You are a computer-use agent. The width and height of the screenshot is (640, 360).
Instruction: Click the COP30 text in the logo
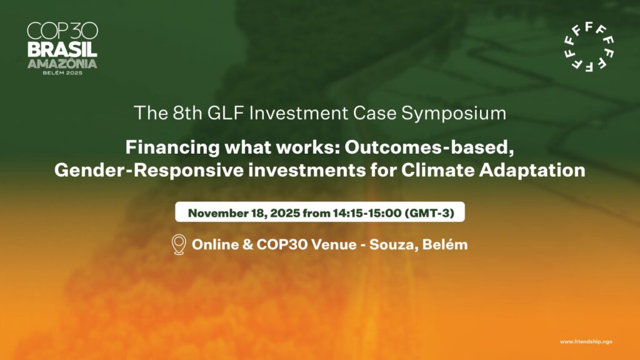coord(62,31)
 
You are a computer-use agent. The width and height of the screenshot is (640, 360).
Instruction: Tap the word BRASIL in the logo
coord(62,50)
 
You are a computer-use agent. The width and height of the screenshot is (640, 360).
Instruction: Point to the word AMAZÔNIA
coord(62,63)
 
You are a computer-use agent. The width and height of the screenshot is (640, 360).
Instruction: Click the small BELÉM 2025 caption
coord(62,73)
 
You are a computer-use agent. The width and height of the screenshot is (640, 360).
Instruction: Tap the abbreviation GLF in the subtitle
coord(226,113)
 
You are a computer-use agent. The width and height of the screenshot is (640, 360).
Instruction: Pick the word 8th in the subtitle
coord(187,113)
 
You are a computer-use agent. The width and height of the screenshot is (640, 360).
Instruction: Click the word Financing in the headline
coord(172,147)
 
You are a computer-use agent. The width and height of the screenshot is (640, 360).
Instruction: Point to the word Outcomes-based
coord(429,147)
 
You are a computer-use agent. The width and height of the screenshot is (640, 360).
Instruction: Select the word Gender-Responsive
coord(149,170)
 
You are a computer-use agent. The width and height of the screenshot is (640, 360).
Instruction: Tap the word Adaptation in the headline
coord(532,171)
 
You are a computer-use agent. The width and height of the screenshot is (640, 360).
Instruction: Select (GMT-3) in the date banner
coord(429,213)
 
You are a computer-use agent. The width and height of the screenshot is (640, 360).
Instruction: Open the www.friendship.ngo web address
coord(586,342)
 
